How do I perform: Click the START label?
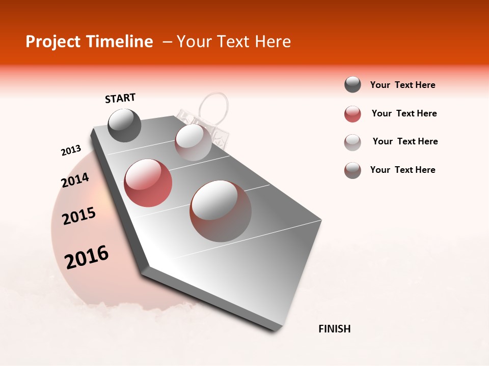pos(120,98)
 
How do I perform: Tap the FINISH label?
pos(334,329)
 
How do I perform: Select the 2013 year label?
pos(71,150)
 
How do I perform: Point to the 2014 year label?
pos(75,180)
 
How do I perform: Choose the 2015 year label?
pos(79,216)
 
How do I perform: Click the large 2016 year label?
pos(87,257)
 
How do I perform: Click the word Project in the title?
pos(53,42)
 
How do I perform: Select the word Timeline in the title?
pos(120,42)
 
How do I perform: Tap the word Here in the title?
pos(273,42)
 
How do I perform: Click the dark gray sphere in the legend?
pos(352,84)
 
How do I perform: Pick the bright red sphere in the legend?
pos(352,114)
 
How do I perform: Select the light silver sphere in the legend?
pos(352,142)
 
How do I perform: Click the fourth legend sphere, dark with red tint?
pos(352,170)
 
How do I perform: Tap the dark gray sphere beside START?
pos(124,125)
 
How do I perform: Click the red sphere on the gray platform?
pos(148,183)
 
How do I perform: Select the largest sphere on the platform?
pos(221,211)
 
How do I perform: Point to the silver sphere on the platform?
pos(193,142)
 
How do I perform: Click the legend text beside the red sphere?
pos(404,113)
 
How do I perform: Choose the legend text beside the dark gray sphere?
pos(402,85)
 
